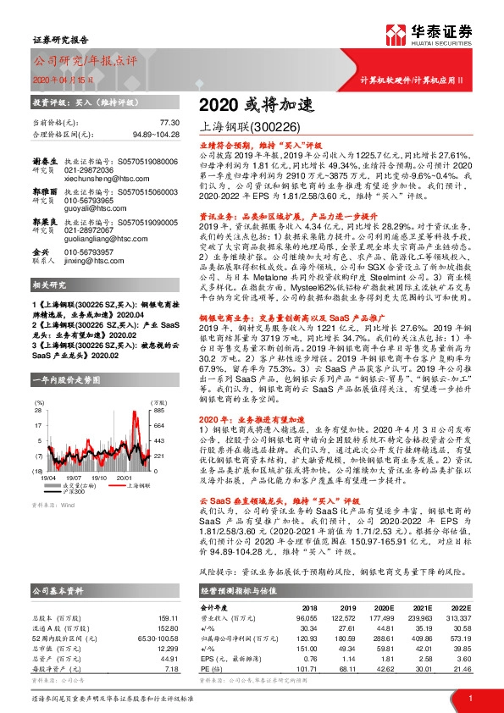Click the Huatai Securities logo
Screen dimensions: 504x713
click(x=429, y=34)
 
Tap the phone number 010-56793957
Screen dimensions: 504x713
click(x=91, y=276)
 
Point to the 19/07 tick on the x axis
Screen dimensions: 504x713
click(x=75, y=477)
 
